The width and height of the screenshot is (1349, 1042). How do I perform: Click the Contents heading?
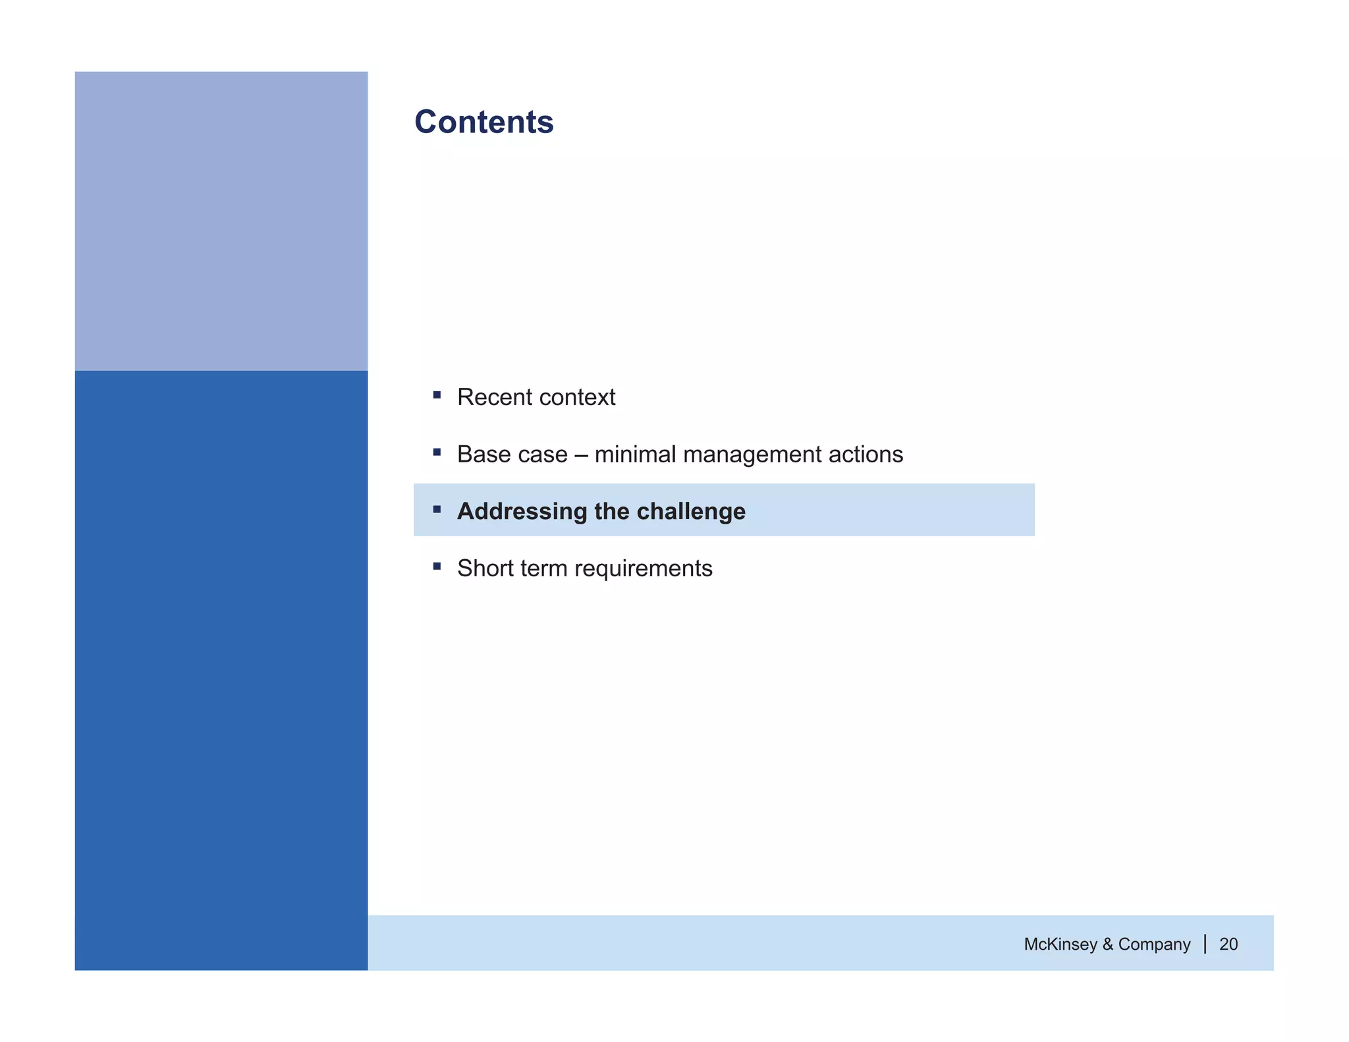pos(483,123)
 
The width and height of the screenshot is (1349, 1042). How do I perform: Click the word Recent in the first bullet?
pos(494,397)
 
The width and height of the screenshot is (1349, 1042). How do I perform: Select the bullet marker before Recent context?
pos(437,395)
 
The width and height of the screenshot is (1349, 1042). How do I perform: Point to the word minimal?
pos(634,454)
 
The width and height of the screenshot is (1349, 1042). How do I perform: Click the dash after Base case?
pos(580,455)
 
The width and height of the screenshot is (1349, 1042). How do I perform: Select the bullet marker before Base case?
pos(437,452)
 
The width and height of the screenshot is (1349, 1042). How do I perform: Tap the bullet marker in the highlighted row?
pos(437,509)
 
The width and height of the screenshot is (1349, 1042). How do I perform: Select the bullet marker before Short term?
pos(437,566)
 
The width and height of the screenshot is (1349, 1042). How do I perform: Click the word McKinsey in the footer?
pos(1060,945)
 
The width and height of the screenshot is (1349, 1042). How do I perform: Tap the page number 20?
pos(1228,945)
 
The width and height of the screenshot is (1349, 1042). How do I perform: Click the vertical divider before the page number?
pos(1205,944)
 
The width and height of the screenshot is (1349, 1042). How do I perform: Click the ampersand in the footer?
pos(1107,945)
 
